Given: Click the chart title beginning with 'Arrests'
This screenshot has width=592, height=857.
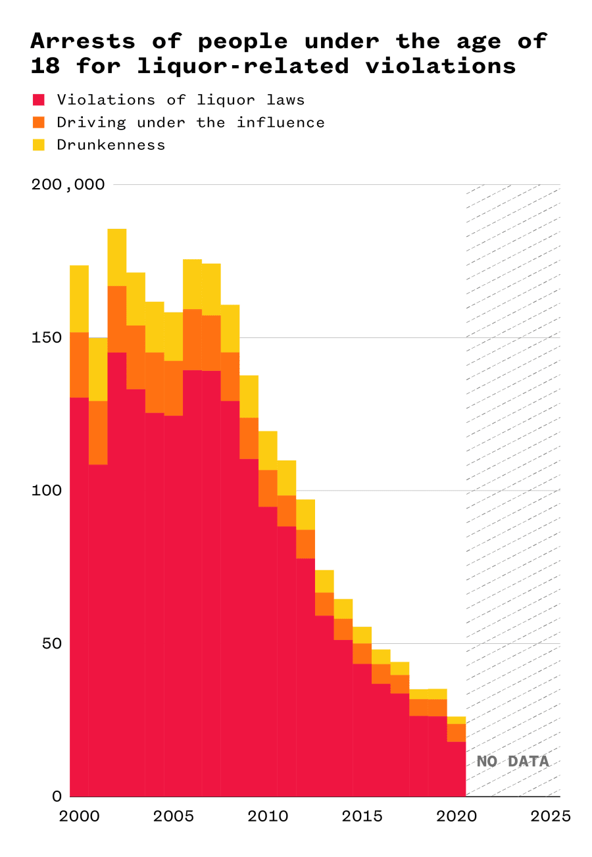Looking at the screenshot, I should click(x=288, y=53).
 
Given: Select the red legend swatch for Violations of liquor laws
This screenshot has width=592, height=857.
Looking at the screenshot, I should click(x=39, y=100).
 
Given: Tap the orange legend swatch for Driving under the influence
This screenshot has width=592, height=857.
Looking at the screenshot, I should click(x=39, y=122).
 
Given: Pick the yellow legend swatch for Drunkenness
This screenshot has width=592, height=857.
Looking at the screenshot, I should click(x=39, y=145).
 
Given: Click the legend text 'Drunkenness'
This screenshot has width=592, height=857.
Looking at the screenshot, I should click(x=111, y=145).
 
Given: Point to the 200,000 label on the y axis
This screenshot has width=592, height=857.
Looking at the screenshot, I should click(x=68, y=184).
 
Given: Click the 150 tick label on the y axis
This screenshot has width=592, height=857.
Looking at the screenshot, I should click(x=47, y=337).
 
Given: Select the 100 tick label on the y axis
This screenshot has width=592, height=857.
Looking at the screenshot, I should click(x=47, y=491).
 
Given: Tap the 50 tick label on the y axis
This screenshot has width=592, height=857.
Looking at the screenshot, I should click(x=51, y=643).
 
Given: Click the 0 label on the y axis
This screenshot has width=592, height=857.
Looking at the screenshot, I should click(x=57, y=796).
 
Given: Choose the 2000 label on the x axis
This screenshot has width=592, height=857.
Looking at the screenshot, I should click(x=80, y=816).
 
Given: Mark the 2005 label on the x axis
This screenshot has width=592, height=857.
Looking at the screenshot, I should click(x=174, y=816).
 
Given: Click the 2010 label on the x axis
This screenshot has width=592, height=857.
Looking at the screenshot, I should click(x=268, y=816).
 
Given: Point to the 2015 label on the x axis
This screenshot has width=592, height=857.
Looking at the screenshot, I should click(x=362, y=816).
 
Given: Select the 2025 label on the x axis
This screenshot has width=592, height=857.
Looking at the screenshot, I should click(x=550, y=816).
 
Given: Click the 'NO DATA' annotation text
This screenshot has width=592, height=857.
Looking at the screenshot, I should click(x=512, y=762).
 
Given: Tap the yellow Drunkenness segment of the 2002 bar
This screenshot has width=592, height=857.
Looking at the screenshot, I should click(x=117, y=257).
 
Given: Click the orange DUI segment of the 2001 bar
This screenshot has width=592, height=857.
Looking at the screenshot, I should click(x=98, y=432).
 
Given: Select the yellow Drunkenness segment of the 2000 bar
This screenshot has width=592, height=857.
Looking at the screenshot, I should click(x=79, y=299).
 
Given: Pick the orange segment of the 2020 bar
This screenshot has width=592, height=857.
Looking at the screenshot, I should click(x=456, y=732).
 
